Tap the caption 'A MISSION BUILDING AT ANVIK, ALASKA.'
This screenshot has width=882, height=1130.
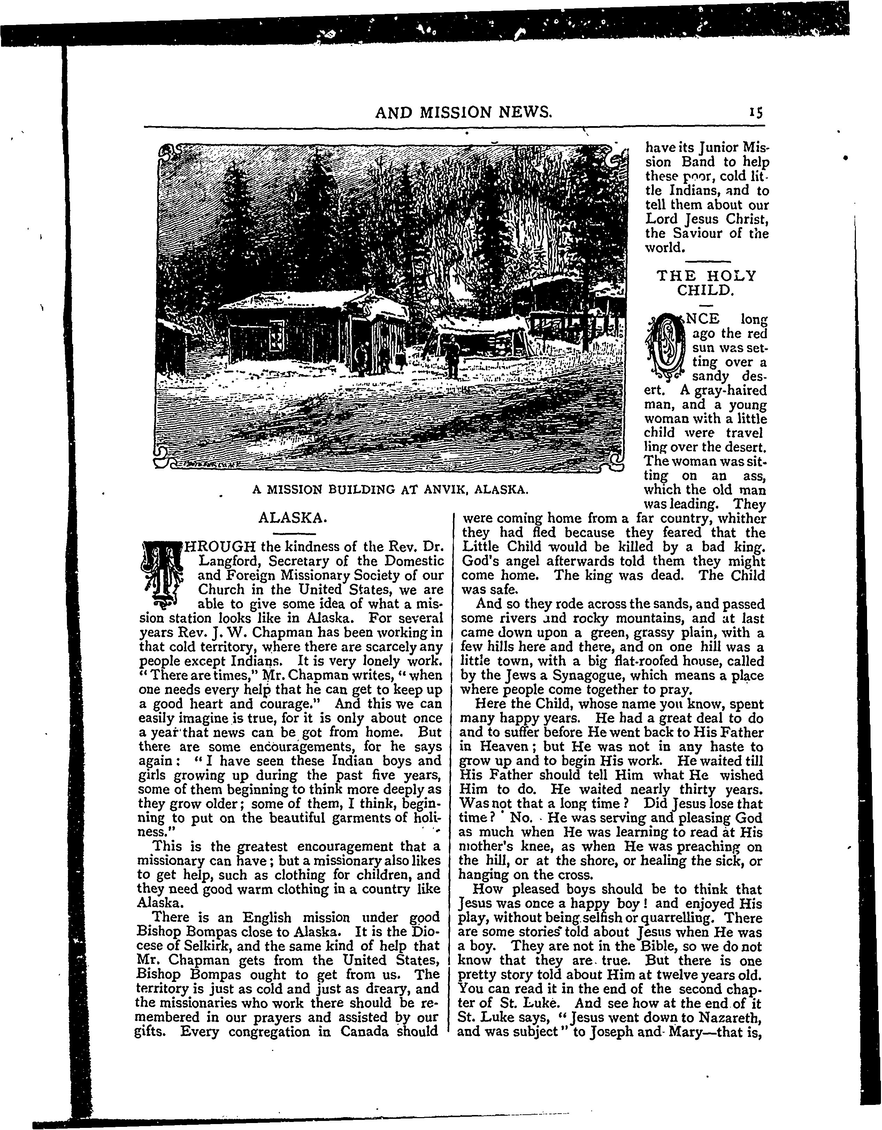[x=390, y=489]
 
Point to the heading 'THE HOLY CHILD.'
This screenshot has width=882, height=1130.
[x=706, y=282]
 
